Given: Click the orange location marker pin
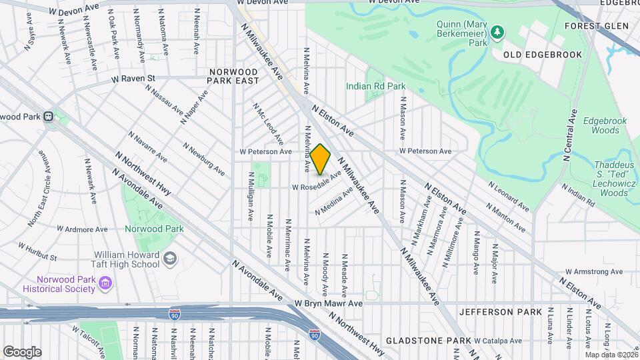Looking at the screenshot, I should click(x=321, y=159).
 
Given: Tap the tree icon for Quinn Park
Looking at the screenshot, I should click(x=497, y=31).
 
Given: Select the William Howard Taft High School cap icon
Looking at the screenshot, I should click(x=170, y=258).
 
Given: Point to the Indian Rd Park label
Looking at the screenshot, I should click(x=375, y=86).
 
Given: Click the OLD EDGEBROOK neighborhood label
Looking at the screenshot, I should click(x=542, y=55).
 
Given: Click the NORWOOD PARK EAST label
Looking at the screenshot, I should click(x=233, y=76).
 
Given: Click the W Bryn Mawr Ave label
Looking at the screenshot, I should click(x=329, y=303).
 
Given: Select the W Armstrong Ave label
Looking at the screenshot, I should click(x=593, y=271).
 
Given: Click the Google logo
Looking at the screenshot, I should click(x=22, y=351).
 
